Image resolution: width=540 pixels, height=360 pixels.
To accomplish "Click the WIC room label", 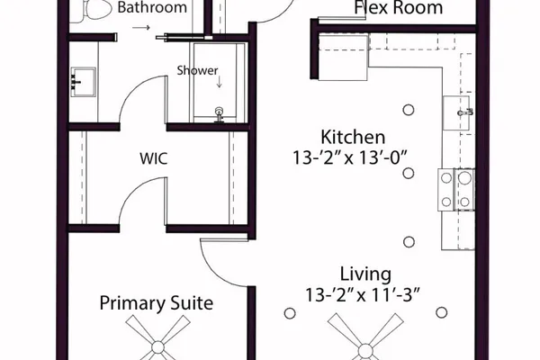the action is pyautogui.click(x=154, y=158).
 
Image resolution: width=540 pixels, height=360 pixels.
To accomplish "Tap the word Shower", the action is pyautogui.click(x=197, y=70).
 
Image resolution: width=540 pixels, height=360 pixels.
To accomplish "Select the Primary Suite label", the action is pyautogui.click(x=157, y=303).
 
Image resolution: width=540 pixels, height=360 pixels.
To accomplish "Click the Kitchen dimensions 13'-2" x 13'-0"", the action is pyautogui.click(x=349, y=158).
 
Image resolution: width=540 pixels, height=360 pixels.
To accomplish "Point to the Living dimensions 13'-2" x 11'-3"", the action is pyautogui.click(x=363, y=295).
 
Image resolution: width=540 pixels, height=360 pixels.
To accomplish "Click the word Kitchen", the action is pyautogui.click(x=353, y=137).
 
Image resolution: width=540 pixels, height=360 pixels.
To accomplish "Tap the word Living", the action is pyautogui.click(x=365, y=274).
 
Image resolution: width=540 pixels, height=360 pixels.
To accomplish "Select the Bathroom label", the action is pyautogui.click(x=152, y=7).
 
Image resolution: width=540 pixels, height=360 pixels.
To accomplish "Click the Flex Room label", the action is pyautogui.click(x=399, y=7).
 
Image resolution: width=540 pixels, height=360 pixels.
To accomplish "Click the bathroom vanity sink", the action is pyautogui.click(x=83, y=82).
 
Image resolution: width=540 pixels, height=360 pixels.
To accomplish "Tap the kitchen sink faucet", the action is pyautogui.click(x=465, y=112).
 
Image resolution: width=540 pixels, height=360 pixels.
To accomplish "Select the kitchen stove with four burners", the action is pyautogui.click(x=456, y=190).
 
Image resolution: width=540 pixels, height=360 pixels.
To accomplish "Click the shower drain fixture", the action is pyautogui.click(x=219, y=114).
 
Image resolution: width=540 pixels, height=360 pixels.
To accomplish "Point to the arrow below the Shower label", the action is pyautogui.click(x=219, y=82).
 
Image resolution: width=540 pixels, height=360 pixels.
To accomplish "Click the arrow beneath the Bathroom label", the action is pyautogui.click(x=141, y=28).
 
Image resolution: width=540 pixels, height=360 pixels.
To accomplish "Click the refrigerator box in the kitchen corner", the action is pyautogui.click(x=343, y=58).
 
